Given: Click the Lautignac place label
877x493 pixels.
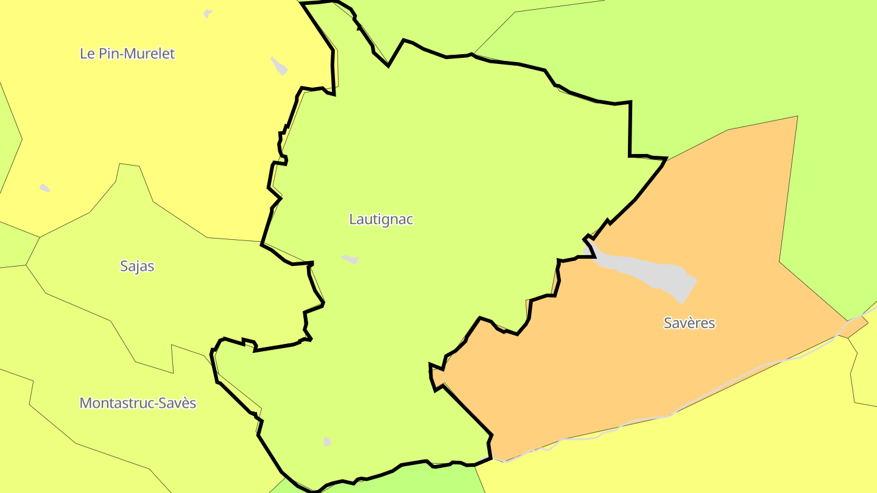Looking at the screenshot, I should [x=381, y=219].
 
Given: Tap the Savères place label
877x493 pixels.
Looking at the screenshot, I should [x=689, y=323].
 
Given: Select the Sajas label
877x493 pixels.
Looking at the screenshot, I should [x=137, y=266].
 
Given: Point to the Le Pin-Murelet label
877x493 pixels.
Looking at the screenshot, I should [x=127, y=54].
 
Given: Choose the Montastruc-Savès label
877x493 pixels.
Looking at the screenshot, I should [x=138, y=403].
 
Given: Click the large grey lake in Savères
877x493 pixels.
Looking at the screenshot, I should [x=646, y=271].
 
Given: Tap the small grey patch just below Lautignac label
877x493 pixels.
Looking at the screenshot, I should [x=350, y=259].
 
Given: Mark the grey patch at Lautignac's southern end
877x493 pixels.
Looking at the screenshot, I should [x=327, y=441].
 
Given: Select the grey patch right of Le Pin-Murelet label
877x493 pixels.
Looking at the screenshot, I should [x=279, y=66].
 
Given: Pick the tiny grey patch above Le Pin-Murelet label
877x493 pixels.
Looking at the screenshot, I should [x=208, y=13].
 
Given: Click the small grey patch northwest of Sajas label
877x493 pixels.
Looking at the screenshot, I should [x=44, y=188].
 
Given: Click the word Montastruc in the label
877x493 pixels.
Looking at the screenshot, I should [x=116, y=403].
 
